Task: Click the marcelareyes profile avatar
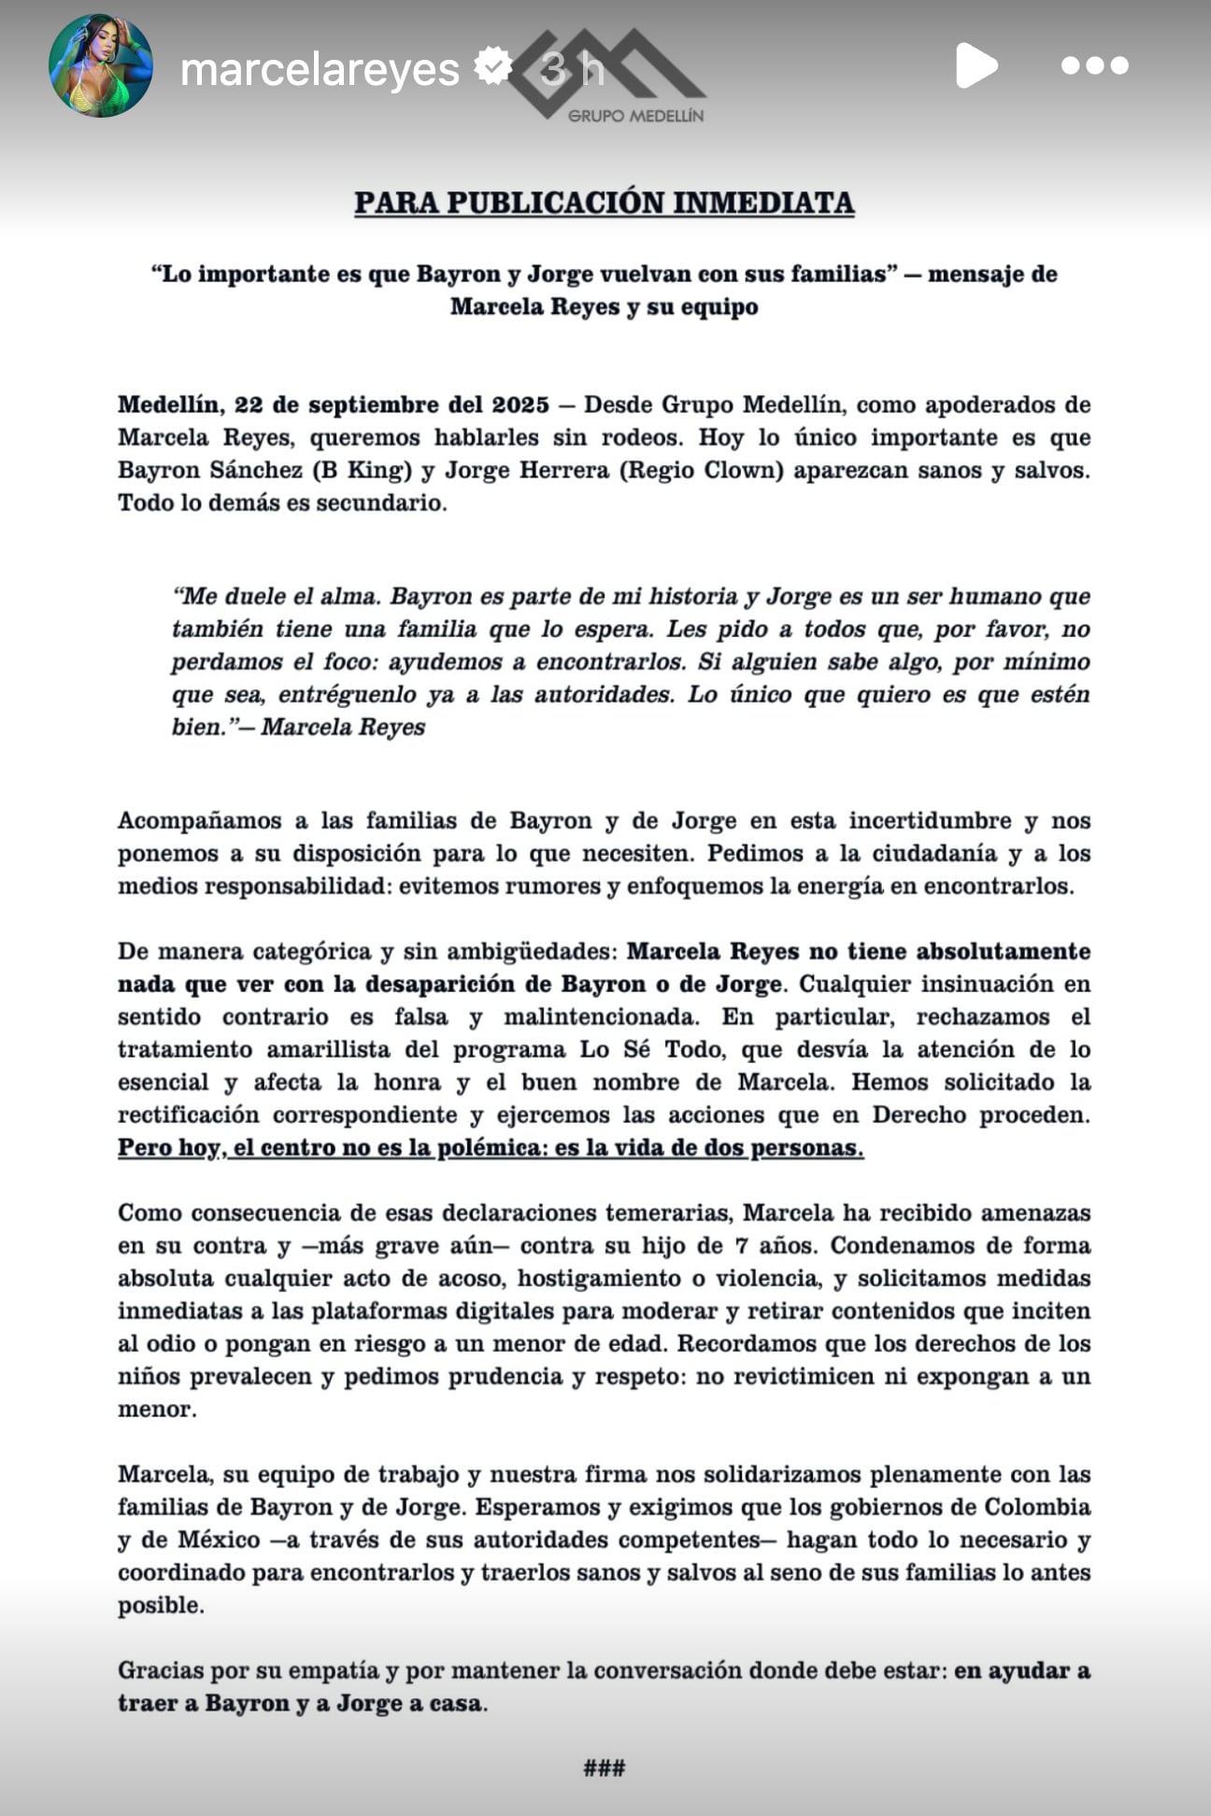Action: click(x=100, y=65)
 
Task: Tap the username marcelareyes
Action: click(x=320, y=69)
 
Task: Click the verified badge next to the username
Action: click(x=493, y=66)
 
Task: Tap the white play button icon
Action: click(x=976, y=65)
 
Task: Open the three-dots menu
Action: click(x=1094, y=65)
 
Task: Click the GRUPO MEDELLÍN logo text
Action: click(x=635, y=116)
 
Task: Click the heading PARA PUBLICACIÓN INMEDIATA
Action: click(x=604, y=203)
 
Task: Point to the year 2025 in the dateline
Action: click(x=520, y=404)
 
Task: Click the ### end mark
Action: click(x=604, y=1767)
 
